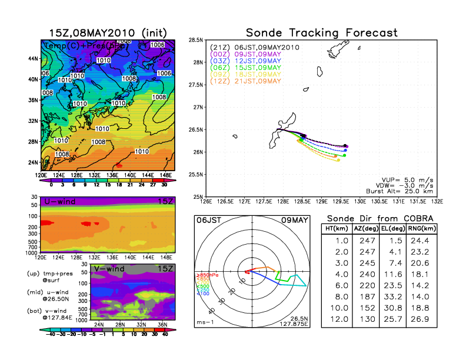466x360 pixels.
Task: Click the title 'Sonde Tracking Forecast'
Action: pos(321,32)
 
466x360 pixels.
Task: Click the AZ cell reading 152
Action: pos(366,309)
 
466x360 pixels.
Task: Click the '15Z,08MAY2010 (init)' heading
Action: pos(108,32)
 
